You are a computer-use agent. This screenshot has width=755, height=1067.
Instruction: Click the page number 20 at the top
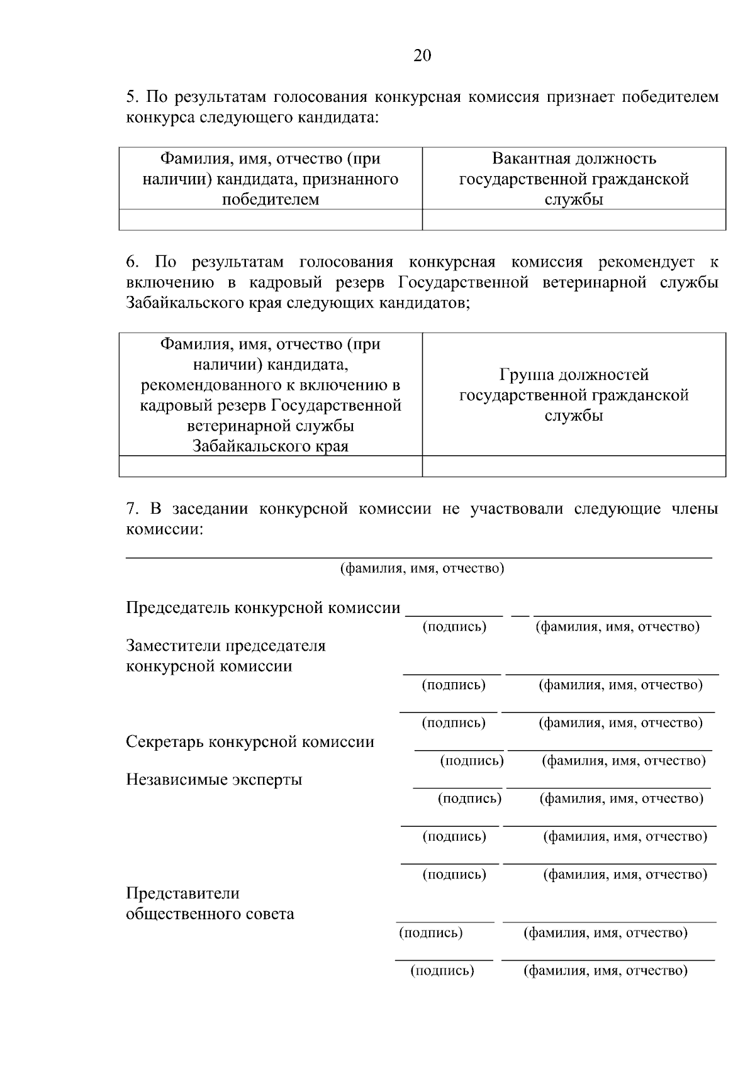click(x=422, y=56)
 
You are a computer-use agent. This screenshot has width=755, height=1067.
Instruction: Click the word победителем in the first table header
click(x=271, y=200)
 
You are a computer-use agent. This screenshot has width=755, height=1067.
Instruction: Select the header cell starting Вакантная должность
click(x=574, y=179)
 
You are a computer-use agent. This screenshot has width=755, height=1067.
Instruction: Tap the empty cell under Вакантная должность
click(x=574, y=220)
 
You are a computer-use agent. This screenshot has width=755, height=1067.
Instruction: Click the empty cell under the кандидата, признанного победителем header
click(x=271, y=220)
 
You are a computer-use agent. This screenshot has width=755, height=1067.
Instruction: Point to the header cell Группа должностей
click(x=574, y=395)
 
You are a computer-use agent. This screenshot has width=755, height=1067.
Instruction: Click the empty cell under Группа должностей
click(x=574, y=466)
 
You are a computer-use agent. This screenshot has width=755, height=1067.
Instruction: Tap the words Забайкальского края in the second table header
click(x=271, y=446)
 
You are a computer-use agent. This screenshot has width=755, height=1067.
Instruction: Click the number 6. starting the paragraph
click(x=133, y=262)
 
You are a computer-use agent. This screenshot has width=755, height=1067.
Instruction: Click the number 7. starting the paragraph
click(x=132, y=509)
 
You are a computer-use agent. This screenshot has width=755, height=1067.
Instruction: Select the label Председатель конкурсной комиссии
click(x=263, y=608)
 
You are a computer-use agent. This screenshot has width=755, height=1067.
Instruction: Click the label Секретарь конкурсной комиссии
click(x=250, y=742)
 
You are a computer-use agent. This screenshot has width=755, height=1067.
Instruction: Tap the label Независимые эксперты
click(x=214, y=780)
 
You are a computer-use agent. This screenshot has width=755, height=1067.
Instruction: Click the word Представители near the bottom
click(x=183, y=893)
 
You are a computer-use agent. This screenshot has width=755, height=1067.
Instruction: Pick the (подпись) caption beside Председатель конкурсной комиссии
click(x=454, y=627)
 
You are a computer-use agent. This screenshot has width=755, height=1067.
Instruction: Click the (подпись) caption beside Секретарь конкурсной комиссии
click(x=472, y=761)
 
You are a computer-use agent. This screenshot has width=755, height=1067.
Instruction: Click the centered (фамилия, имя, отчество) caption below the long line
click(x=422, y=569)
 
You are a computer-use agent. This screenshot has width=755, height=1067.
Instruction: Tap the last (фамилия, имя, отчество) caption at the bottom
click(x=605, y=971)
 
